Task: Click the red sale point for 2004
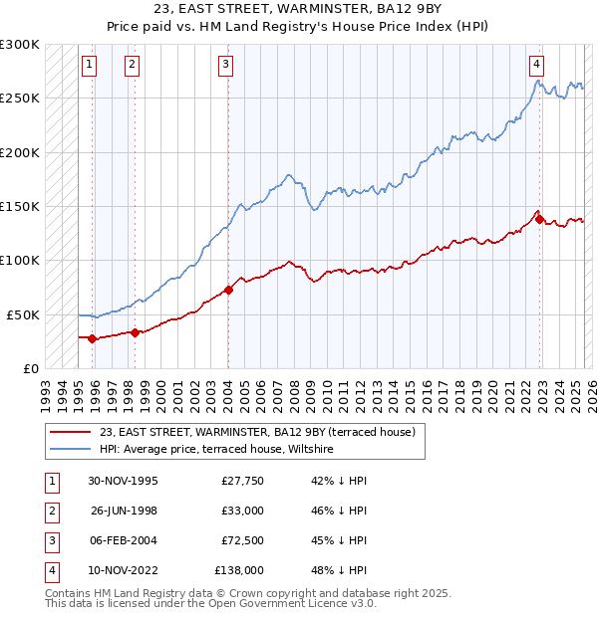coord(228,291)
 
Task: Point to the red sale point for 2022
coord(539,220)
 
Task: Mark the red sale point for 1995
coord(93,338)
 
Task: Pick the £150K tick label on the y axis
coord(20,207)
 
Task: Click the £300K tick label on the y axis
coord(20,46)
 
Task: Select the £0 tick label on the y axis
coord(30,368)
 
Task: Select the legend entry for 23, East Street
coord(263,432)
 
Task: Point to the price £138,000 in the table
coord(239,570)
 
